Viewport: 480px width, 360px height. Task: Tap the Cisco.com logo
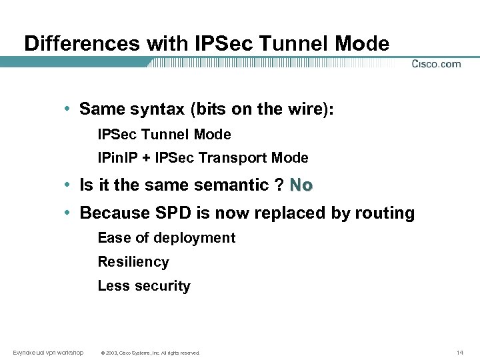pos(436,64)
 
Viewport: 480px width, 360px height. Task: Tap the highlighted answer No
pos(301,185)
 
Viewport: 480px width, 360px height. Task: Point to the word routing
pos(386,213)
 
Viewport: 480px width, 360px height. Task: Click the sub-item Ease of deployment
pos(166,238)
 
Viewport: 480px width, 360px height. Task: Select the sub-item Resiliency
pos(133,262)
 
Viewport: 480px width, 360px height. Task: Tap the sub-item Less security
pos(144,286)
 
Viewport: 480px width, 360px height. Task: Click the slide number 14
pos(459,352)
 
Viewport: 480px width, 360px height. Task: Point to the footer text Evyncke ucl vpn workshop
pos(48,352)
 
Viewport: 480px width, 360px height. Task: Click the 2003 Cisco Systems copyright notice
pos(149,353)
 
